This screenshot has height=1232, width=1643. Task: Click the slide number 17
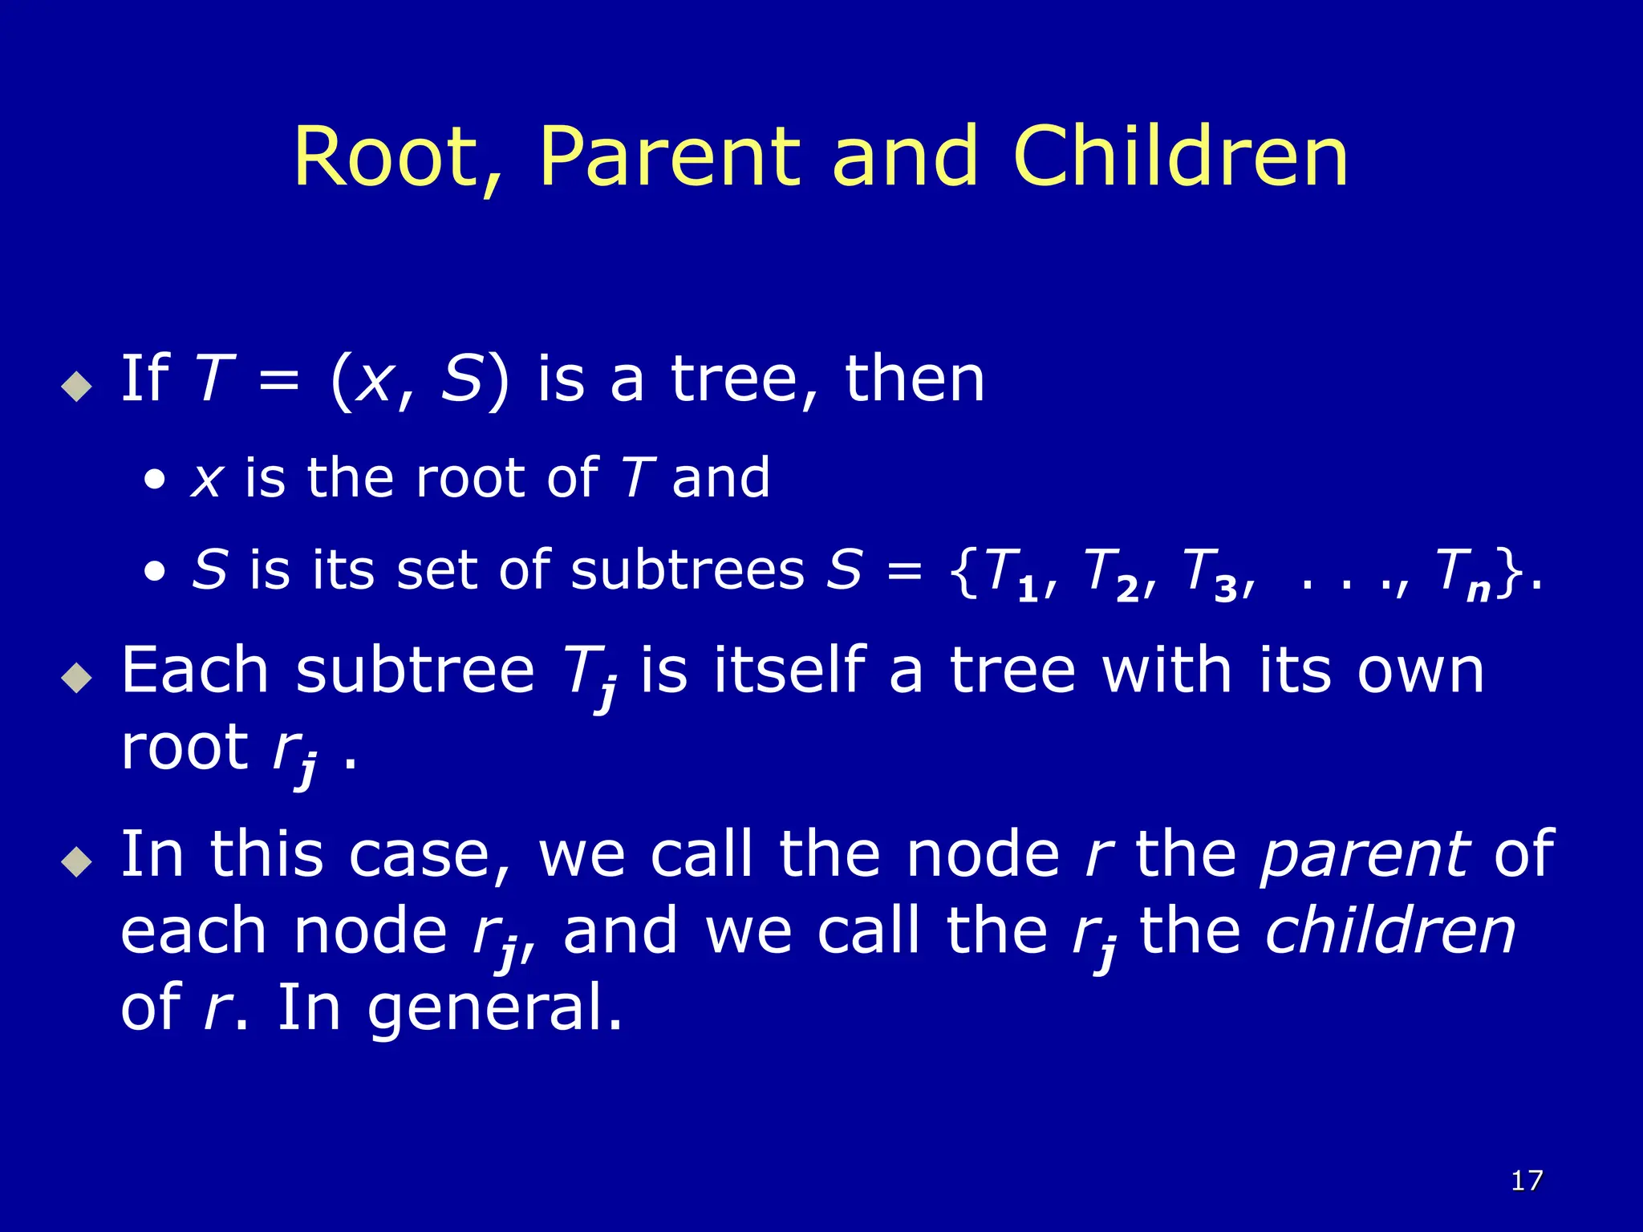(1527, 1181)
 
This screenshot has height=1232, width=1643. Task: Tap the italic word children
(1390, 932)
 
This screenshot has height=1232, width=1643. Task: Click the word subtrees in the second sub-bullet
(688, 571)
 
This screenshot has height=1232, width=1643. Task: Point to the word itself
(789, 671)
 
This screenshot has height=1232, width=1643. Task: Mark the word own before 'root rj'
(1421, 671)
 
